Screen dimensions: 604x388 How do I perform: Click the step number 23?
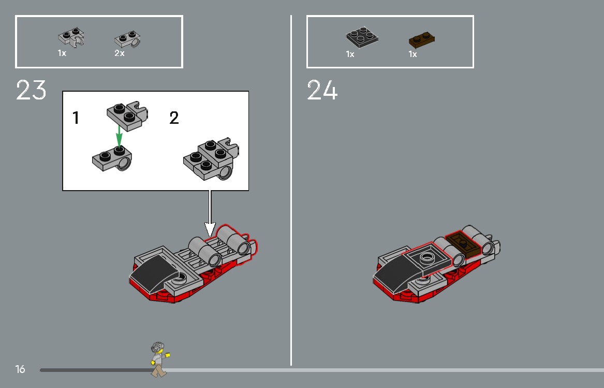31,90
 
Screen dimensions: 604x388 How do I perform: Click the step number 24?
322,90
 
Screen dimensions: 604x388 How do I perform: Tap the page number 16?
20,369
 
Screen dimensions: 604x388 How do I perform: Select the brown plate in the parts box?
421,39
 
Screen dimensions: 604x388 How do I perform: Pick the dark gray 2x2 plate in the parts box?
362,37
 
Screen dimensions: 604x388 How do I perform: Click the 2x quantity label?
120,53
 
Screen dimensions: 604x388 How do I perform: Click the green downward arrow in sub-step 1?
119,135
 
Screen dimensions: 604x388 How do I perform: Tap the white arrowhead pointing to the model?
210,230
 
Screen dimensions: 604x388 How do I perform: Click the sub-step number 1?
76,118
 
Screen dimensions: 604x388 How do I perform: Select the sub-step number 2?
174,118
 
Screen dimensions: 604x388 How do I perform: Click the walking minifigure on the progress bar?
159,360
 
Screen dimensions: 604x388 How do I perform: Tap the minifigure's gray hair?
157,347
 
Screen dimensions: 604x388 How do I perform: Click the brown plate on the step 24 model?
463,244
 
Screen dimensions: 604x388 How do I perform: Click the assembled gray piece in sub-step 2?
211,159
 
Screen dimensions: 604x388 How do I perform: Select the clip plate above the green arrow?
127,116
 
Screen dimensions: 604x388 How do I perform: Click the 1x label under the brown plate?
413,54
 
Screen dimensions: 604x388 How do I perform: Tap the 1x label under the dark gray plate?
350,54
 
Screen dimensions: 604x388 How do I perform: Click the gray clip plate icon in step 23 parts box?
71,37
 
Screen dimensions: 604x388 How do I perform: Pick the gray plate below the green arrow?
112,159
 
